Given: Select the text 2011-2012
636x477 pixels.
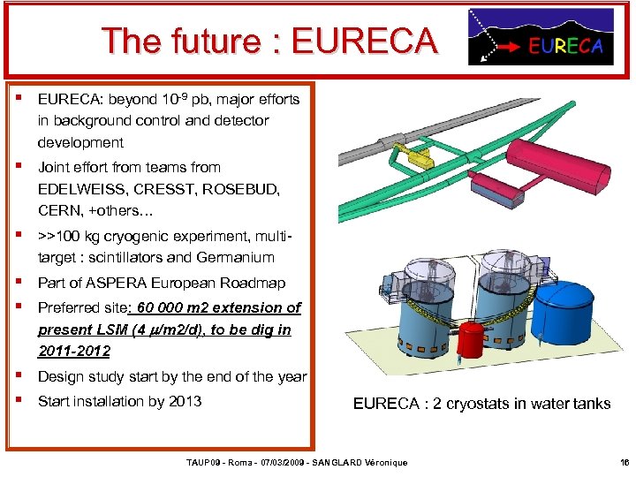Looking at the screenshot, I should [x=74, y=351].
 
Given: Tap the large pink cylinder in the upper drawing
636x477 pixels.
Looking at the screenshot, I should [x=559, y=165].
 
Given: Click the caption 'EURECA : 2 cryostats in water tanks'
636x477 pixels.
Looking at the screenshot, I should [x=481, y=404].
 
